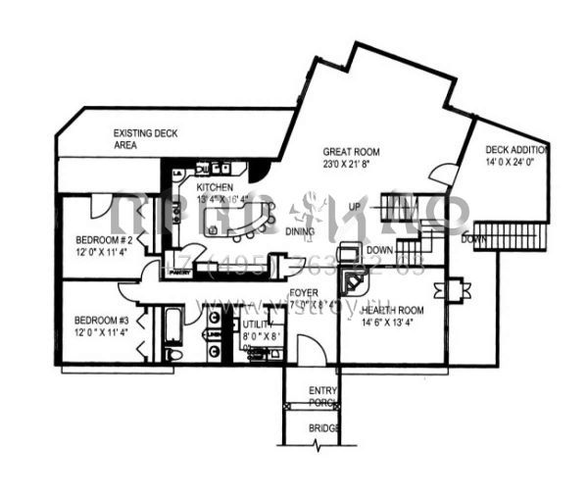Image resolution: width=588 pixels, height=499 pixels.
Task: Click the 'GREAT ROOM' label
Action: [351, 152]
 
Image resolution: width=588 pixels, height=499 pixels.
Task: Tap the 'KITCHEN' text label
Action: [216, 186]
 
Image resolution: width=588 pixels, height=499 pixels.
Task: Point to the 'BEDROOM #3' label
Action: [102, 321]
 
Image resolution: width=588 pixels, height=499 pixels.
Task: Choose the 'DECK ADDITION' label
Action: [516, 150]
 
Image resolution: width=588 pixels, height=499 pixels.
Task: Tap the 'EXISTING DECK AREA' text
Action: [144, 138]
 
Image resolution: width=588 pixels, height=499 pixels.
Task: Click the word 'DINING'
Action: [302, 232]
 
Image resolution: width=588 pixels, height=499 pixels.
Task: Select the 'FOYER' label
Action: [304, 292]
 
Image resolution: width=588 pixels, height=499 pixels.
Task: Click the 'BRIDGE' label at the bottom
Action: [324, 428]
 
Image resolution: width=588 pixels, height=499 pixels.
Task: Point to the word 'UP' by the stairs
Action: [354, 207]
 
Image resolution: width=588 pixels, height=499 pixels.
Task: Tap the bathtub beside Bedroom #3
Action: [173, 325]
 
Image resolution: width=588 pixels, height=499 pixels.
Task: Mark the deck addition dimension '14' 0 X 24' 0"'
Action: [516, 163]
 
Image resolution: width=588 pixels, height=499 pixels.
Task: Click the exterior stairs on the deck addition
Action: [495, 236]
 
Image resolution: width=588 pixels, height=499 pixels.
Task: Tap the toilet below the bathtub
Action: [173, 354]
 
